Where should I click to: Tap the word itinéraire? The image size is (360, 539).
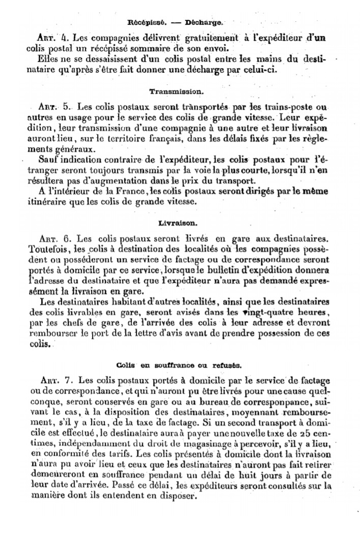(x=49, y=201)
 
